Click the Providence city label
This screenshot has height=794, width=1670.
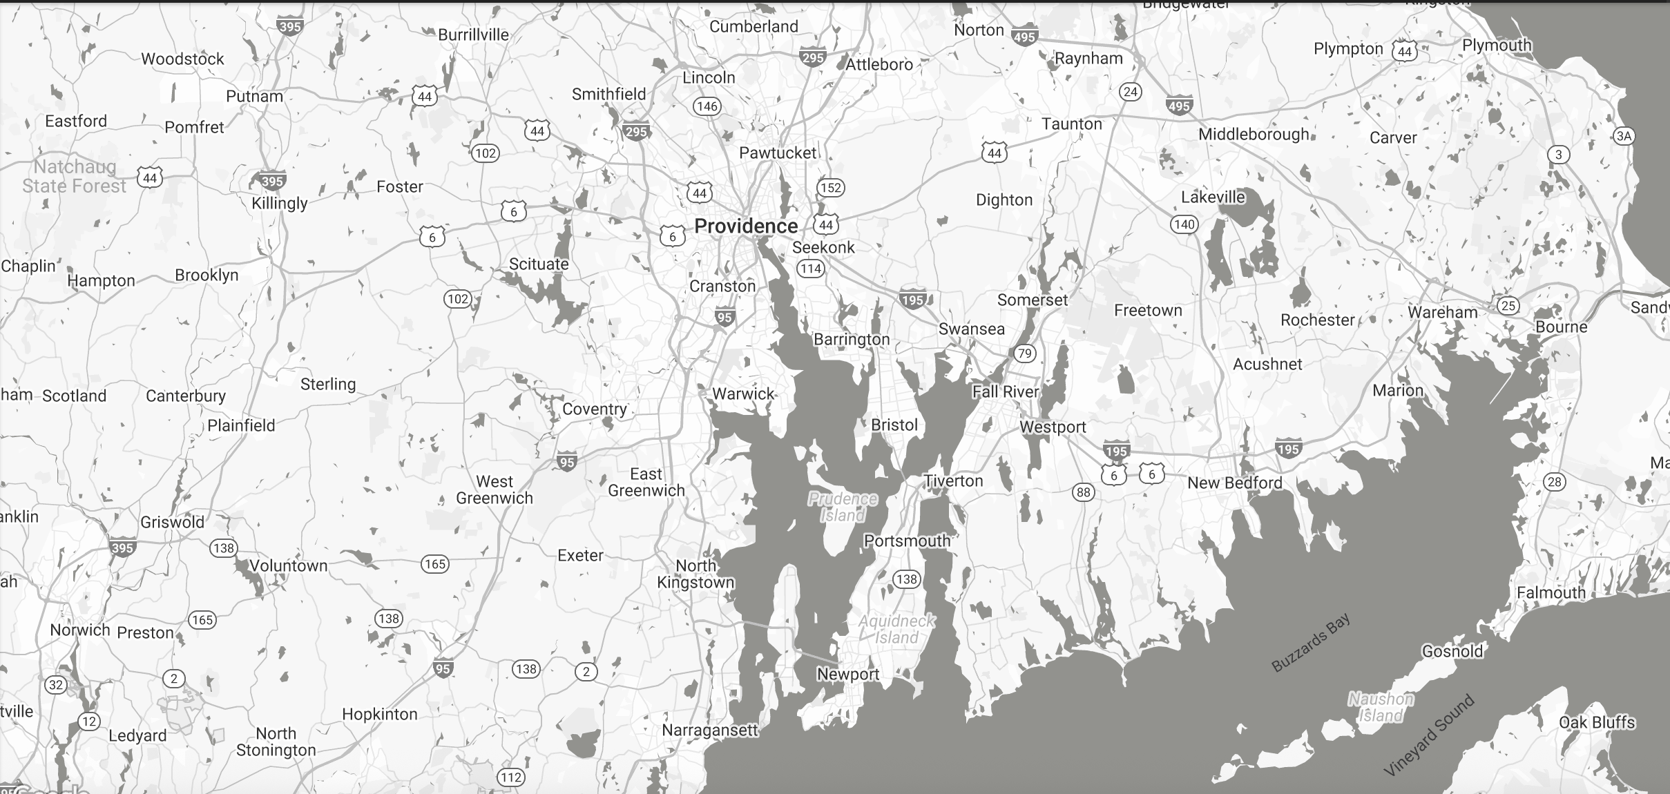coord(746,226)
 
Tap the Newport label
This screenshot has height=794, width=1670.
coord(848,675)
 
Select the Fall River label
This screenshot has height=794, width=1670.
coord(1006,392)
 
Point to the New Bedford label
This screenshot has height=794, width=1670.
coord(1235,483)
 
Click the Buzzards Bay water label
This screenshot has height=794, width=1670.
coord(1311,643)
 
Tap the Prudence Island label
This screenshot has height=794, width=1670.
coord(843,507)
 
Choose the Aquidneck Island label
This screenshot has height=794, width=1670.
coord(896,629)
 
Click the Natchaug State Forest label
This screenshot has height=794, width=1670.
coord(74,176)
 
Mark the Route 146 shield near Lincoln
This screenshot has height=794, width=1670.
coord(707,106)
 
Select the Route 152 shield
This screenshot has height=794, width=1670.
coord(831,188)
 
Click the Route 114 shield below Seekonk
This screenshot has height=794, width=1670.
coord(811,269)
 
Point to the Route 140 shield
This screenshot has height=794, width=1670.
coord(1184,224)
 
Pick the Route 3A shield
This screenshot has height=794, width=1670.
coord(1624,136)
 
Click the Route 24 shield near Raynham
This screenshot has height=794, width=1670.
coord(1130,92)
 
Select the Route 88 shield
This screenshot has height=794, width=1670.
coord(1083,492)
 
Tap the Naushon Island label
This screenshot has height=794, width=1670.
coord(1381,708)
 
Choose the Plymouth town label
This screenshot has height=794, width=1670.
coord(1497,46)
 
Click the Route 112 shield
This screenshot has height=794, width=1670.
coord(510,777)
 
